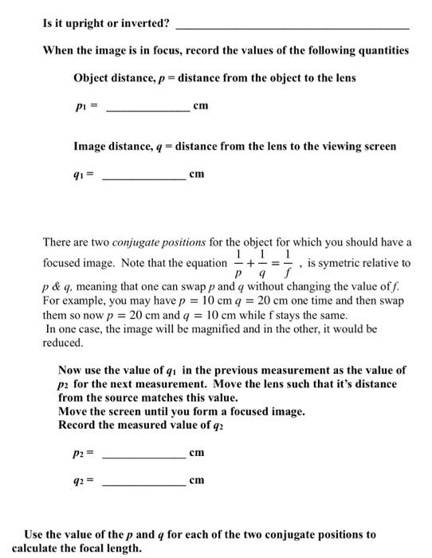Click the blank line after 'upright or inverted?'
(x=291, y=27)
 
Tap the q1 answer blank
(x=144, y=178)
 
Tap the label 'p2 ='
(x=84, y=453)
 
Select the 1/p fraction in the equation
(x=239, y=263)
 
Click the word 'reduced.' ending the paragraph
(x=62, y=343)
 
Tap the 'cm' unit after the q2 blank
(x=197, y=480)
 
